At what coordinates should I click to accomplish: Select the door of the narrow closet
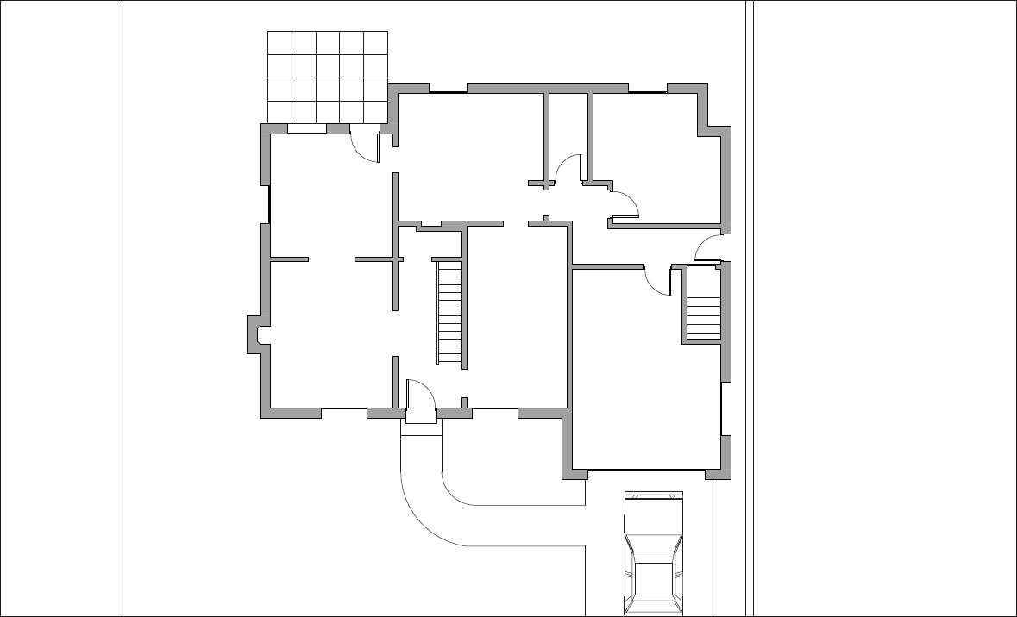(x=567, y=169)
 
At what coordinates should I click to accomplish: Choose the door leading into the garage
(x=658, y=280)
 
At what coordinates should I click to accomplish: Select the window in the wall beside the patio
(x=306, y=129)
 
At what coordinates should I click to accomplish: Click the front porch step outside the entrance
(x=421, y=429)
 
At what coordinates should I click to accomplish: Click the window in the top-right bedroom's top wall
(x=647, y=89)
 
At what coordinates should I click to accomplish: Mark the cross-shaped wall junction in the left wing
(x=396, y=259)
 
